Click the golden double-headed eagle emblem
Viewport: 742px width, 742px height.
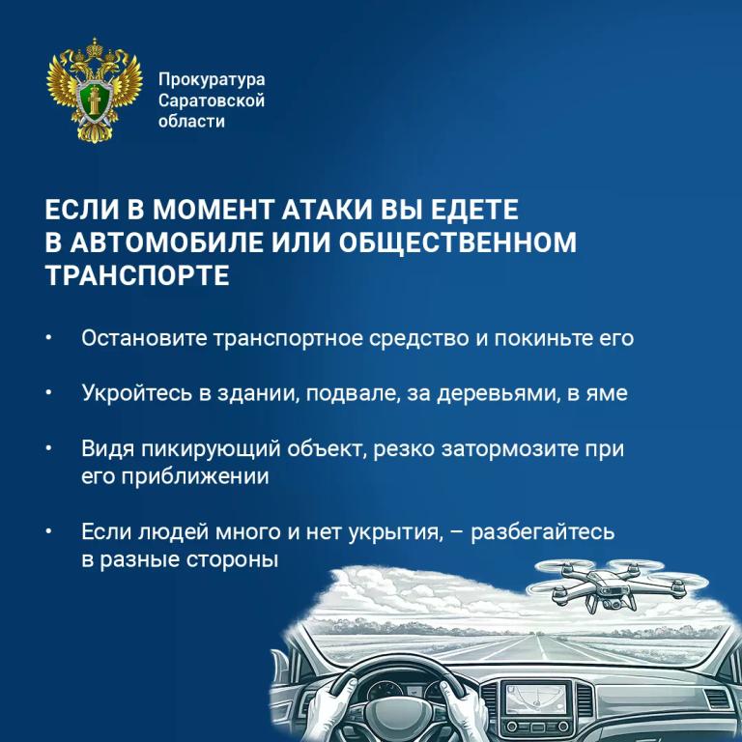click(x=95, y=90)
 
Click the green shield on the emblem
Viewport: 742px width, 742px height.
click(x=94, y=100)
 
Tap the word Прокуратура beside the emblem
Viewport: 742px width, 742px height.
click(x=212, y=79)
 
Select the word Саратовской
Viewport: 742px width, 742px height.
click(x=212, y=100)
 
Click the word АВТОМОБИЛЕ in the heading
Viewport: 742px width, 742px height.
click(x=167, y=243)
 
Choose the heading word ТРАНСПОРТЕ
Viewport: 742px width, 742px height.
click(x=137, y=275)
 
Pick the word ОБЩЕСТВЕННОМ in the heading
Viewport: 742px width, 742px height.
click(x=458, y=243)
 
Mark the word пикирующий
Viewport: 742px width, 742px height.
click(x=211, y=448)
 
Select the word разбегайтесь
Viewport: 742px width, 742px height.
click(x=543, y=532)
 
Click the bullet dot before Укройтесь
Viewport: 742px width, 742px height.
click(x=48, y=393)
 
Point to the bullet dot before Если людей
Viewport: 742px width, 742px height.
click(x=48, y=532)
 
